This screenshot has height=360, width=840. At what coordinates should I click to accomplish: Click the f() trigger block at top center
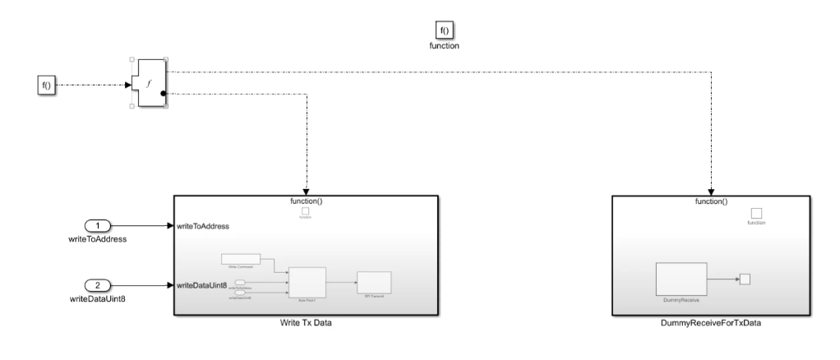pos(444,30)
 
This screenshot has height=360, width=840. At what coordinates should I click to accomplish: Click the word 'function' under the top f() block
pos(444,47)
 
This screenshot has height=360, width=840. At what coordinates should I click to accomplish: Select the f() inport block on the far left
pos(47,84)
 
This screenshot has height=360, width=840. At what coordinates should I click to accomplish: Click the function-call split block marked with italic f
pos(149,82)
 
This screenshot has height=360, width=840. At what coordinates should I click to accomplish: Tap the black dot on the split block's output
pos(164,94)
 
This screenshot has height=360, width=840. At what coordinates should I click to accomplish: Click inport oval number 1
pos(98,225)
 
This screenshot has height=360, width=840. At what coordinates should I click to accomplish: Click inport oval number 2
pos(98,285)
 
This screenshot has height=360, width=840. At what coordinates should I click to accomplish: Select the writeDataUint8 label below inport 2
pos(98,298)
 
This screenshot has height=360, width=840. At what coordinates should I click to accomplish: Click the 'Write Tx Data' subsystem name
pos(306,323)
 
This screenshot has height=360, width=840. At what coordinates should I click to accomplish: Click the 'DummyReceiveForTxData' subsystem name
pos(712,323)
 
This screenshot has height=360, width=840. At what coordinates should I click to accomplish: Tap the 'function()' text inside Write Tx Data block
pos(306,201)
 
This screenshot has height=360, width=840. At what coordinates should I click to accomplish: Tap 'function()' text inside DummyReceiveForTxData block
pos(712,201)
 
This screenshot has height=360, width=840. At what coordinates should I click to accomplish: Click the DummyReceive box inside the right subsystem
pos(681,279)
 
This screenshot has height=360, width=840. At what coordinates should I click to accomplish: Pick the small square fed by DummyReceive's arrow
pos(745,279)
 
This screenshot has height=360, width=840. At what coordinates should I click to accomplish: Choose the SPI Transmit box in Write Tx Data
pos(374,281)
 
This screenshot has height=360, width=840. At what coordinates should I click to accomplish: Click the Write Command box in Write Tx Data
pos(241,259)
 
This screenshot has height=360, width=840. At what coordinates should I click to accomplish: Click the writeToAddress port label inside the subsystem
pos(202,225)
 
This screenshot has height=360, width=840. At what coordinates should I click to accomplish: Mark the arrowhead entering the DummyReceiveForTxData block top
pos(712,192)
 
